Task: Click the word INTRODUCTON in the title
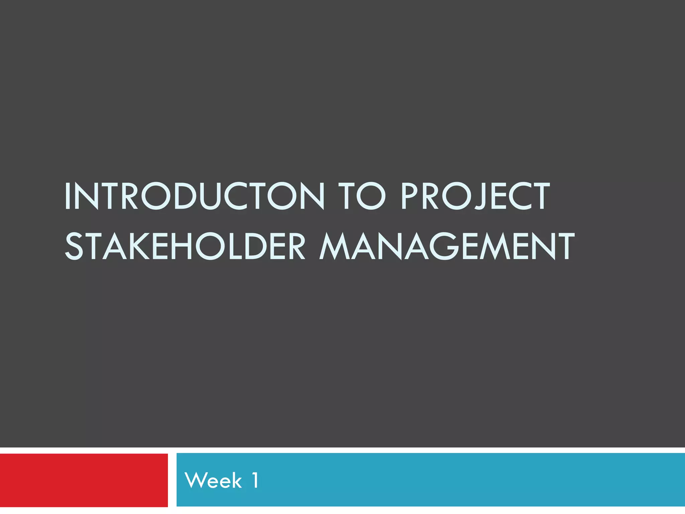click(194, 196)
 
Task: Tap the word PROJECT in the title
click(475, 196)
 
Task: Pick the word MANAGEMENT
click(447, 247)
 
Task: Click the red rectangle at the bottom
click(84, 480)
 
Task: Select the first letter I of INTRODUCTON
click(67, 196)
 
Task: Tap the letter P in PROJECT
click(409, 196)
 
